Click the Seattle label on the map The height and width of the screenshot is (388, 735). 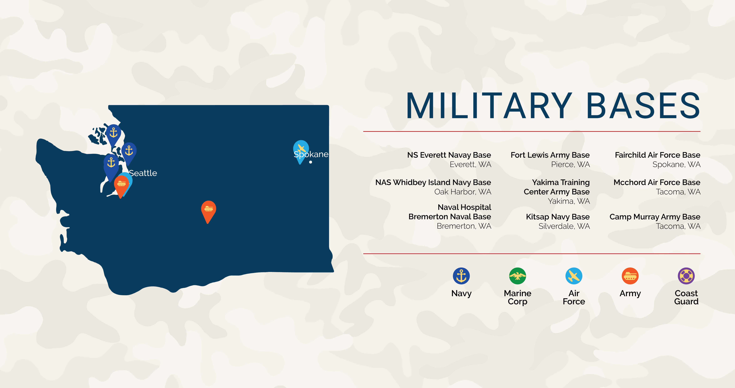pyautogui.click(x=143, y=173)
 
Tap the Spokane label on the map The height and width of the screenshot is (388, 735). pyautogui.click(x=311, y=155)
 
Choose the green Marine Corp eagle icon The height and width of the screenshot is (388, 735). pyautogui.click(x=518, y=276)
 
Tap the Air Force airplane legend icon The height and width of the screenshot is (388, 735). pyautogui.click(x=574, y=276)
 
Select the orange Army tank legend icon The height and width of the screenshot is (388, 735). pyautogui.click(x=630, y=276)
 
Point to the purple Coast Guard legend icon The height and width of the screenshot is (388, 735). pyautogui.click(x=686, y=276)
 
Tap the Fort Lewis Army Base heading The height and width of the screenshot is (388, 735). pyautogui.click(x=550, y=155)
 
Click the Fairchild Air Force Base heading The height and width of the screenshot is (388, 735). pyautogui.click(x=657, y=155)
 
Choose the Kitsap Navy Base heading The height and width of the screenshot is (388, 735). pyautogui.click(x=558, y=217)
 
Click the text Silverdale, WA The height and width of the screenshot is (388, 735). pyautogui.click(x=564, y=226)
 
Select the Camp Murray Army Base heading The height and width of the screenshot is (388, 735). pyautogui.click(x=655, y=217)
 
